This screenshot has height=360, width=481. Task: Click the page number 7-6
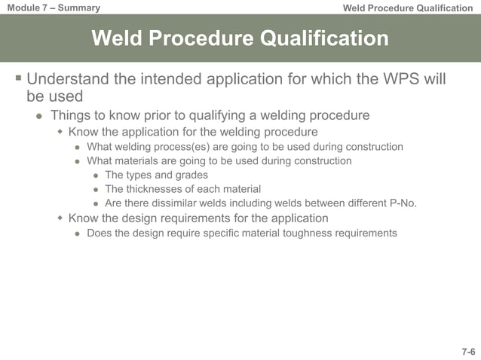click(x=468, y=352)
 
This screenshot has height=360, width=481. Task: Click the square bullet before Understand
click(x=17, y=78)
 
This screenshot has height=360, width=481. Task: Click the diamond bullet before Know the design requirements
click(x=60, y=218)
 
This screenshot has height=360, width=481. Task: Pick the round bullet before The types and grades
click(x=96, y=175)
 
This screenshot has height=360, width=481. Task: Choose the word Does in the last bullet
click(x=100, y=233)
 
